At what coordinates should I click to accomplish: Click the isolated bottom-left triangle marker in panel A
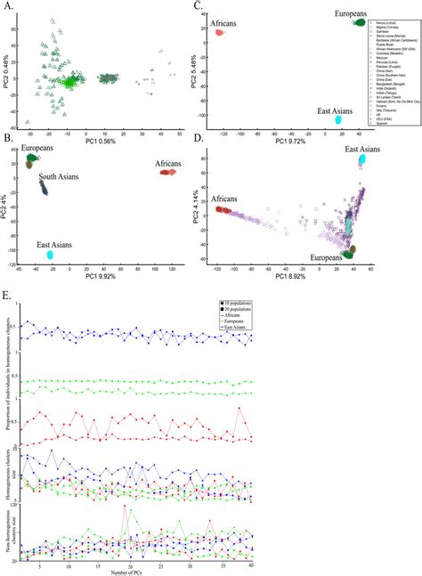(28, 121)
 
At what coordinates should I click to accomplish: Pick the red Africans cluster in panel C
(218, 32)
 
